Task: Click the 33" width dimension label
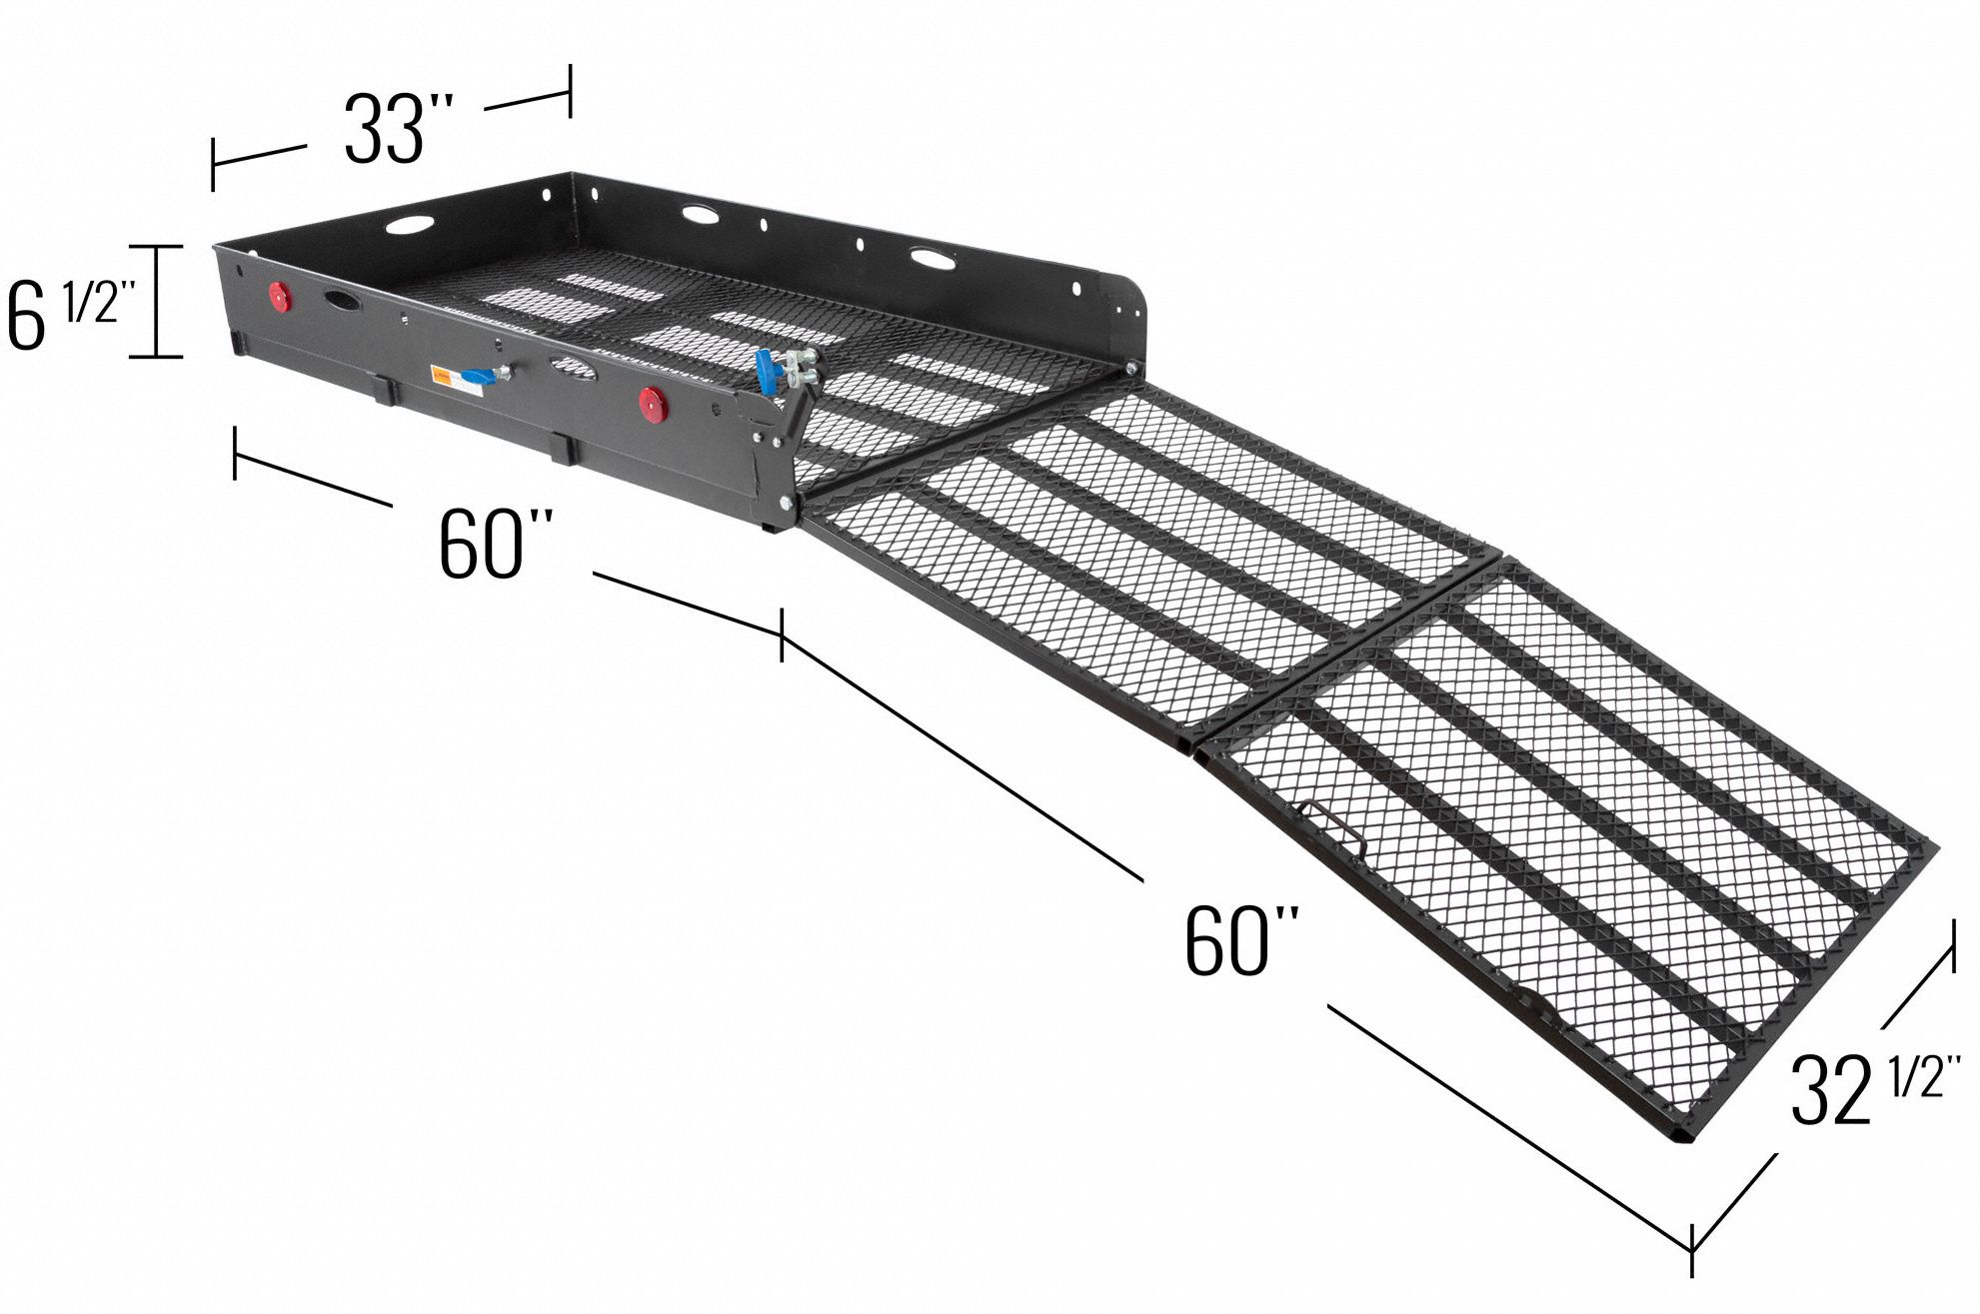pyautogui.click(x=400, y=128)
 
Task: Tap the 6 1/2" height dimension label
pyautogui.click(x=66, y=310)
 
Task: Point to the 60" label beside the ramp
pyautogui.click(x=1242, y=941)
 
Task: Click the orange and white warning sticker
pyautogui.click(x=440, y=375)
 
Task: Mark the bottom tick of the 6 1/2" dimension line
pyautogui.click(x=158, y=356)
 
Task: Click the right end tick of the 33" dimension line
pyautogui.click(x=570, y=91)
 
